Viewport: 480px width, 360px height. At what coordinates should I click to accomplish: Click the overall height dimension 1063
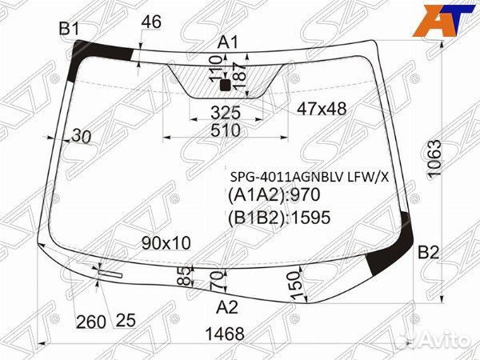click(x=435, y=158)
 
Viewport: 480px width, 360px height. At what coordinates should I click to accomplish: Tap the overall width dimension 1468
click(x=225, y=334)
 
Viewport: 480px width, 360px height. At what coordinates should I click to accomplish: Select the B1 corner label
click(x=69, y=29)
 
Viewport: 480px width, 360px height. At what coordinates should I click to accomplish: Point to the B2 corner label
click(x=429, y=253)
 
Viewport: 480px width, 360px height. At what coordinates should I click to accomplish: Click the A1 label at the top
click(x=228, y=42)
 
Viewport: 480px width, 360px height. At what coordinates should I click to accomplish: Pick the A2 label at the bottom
click(x=227, y=307)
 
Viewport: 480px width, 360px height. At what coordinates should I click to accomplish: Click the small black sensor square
click(x=226, y=85)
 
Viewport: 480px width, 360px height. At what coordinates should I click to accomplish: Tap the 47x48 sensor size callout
click(x=322, y=108)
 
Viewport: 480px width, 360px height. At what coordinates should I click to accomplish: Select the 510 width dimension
click(x=226, y=130)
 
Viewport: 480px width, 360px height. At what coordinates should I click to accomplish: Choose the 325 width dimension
click(x=226, y=113)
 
